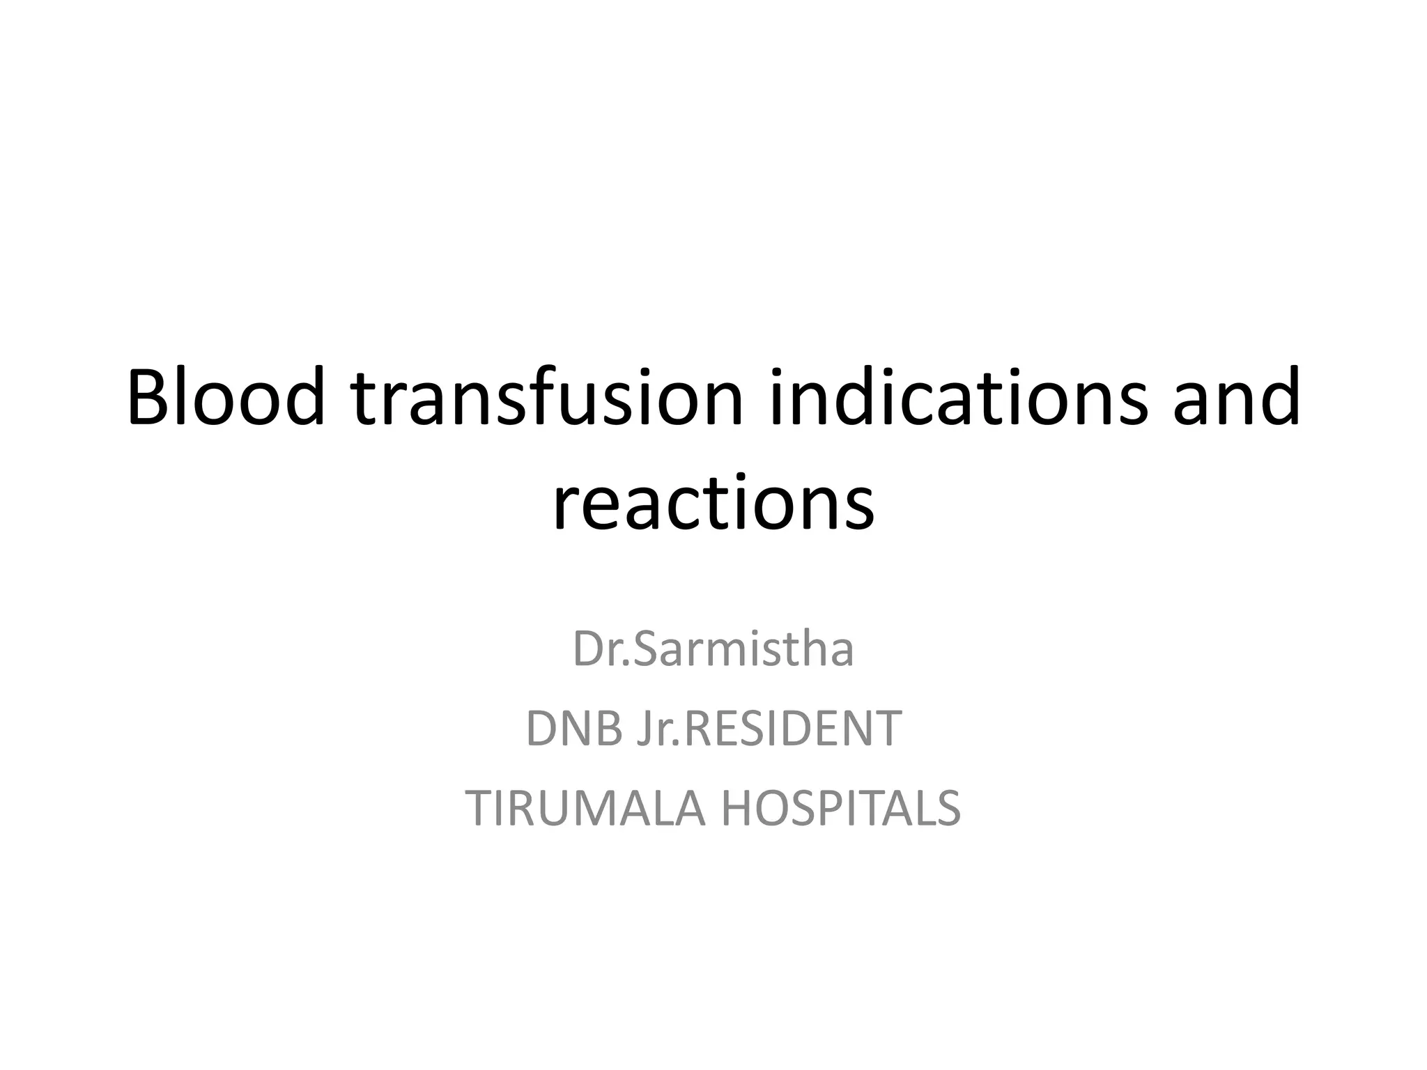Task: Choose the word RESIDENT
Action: point(790,729)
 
